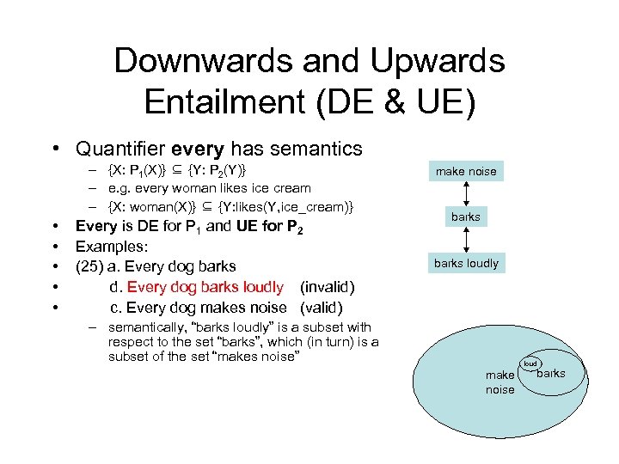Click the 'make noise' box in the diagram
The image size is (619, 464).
click(x=466, y=171)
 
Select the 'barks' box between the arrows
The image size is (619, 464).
click(x=466, y=217)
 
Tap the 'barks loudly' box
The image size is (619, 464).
click(x=466, y=263)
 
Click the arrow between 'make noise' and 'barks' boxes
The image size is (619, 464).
click(x=466, y=193)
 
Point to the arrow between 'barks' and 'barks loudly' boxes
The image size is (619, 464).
click(x=466, y=240)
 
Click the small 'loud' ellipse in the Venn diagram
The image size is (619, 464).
click(x=530, y=363)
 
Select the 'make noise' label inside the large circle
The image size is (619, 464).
click(x=499, y=382)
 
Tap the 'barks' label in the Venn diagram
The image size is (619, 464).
click(x=551, y=373)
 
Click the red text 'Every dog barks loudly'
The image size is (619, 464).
click(x=205, y=287)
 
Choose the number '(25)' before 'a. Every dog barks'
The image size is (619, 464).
click(x=92, y=266)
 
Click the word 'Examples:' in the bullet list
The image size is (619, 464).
click(x=112, y=247)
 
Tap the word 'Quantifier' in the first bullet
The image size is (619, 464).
click(x=122, y=149)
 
